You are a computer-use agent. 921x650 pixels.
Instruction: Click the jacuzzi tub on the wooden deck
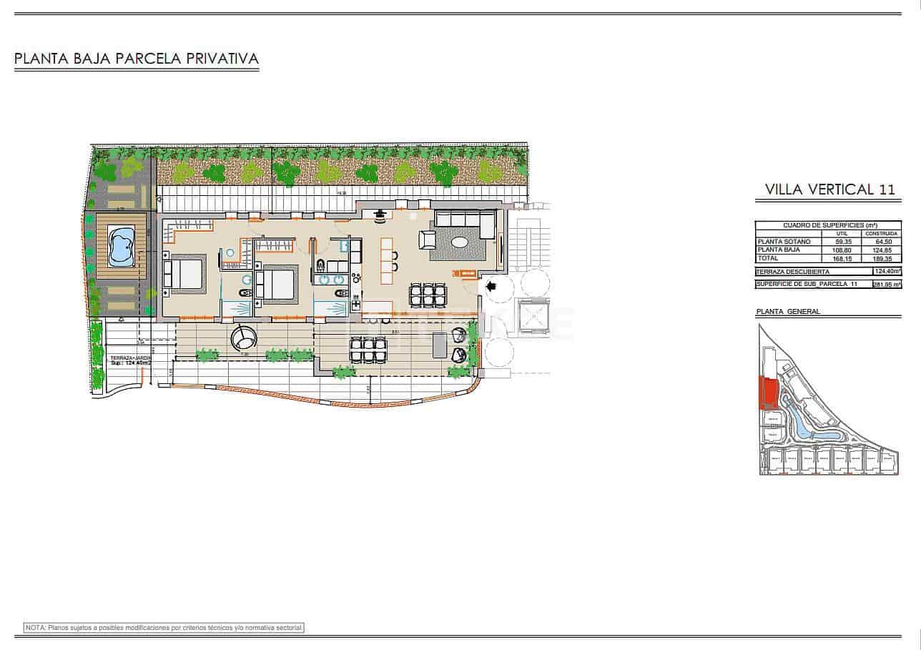(x=122, y=245)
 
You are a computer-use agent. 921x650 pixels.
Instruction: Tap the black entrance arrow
(x=491, y=287)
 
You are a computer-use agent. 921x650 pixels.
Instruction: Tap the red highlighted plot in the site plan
(x=769, y=393)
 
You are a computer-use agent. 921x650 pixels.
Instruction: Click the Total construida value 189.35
(x=880, y=258)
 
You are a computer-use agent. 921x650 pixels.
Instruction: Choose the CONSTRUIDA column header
(x=880, y=233)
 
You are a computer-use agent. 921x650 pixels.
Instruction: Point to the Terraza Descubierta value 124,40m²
(x=887, y=272)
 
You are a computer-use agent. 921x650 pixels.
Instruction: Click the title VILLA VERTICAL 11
(x=829, y=189)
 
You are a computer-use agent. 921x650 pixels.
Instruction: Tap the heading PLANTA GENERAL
(x=787, y=312)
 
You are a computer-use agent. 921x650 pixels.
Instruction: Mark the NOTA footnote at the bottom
(x=164, y=627)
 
